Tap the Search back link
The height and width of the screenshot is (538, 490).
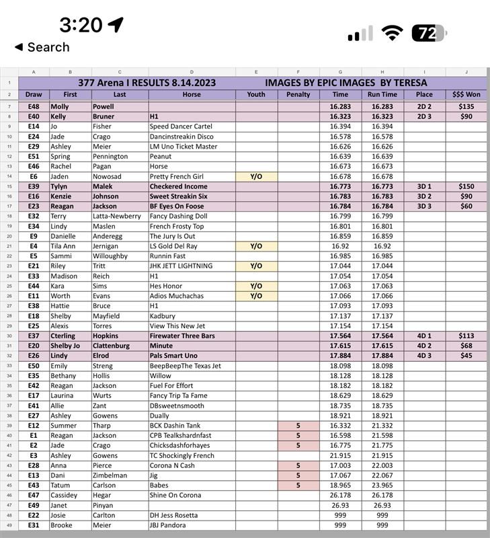[42, 47]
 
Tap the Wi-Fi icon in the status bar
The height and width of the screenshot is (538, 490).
[393, 32]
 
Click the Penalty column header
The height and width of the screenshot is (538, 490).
[298, 95]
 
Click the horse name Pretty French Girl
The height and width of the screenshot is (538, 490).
[177, 176]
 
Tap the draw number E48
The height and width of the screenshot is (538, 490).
[34, 106]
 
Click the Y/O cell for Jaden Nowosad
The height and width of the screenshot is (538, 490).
[256, 176]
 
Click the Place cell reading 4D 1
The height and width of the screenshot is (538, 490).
[424, 336]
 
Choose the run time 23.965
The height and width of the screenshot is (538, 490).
[382, 486]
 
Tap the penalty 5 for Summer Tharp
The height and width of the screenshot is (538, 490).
[298, 426]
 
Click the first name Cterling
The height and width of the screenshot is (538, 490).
[63, 336]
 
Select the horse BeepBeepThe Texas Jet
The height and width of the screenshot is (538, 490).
[185, 366]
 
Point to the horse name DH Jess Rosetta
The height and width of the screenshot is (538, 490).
[174, 515]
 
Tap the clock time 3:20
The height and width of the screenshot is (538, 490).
[81, 25]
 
